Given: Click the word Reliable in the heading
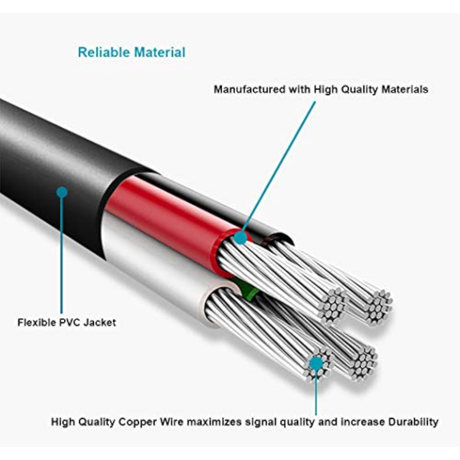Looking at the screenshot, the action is coord(104,52).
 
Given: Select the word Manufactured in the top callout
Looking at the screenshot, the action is coord(249,89).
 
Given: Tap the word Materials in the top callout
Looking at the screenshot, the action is coord(404,89).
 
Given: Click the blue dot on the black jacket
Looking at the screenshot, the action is coord(62,192).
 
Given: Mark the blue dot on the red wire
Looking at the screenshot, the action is coord(241,238).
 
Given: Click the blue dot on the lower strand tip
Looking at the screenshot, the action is coord(316,363).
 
